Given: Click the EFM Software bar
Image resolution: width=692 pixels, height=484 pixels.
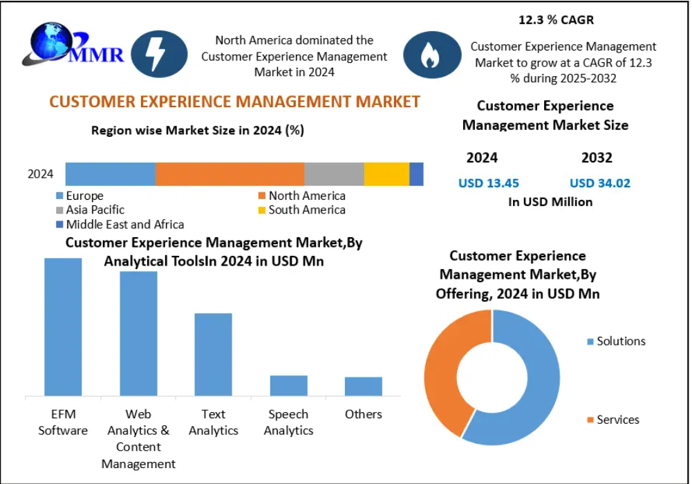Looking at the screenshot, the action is click(x=63, y=326).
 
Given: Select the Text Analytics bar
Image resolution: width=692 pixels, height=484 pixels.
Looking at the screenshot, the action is click(x=213, y=354).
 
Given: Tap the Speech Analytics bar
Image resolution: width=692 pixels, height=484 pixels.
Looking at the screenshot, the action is click(x=289, y=386).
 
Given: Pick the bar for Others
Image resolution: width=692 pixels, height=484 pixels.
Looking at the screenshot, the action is click(x=364, y=387).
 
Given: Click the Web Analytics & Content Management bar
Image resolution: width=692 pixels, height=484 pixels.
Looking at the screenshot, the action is click(x=138, y=333).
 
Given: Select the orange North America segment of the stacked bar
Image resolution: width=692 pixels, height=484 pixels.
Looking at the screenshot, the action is click(x=230, y=174).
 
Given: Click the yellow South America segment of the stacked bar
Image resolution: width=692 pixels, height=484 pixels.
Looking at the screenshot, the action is click(x=387, y=174).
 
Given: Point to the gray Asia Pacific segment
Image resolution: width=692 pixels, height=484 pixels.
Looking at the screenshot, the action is click(x=334, y=174).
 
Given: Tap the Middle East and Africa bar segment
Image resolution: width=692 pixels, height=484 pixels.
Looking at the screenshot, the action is click(x=417, y=174).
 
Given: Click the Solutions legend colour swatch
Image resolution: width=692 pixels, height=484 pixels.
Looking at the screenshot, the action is click(x=590, y=342).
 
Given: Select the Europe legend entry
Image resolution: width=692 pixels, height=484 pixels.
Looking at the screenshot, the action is click(x=80, y=196).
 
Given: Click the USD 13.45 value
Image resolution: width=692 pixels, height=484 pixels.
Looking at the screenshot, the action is click(x=489, y=183).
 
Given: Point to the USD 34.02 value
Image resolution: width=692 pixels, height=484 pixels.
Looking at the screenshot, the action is click(x=600, y=183).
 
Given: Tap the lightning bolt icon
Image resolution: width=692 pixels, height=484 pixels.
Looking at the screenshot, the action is click(x=158, y=54).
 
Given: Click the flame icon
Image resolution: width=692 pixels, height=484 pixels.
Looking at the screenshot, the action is click(x=430, y=55).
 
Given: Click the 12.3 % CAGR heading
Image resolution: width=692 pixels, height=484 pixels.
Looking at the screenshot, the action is click(x=556, y=20).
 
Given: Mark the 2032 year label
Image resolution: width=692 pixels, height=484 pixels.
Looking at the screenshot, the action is click(x=597, y=158).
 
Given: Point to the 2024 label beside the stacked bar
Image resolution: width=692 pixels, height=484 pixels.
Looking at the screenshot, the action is click(x=40, y=174).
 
